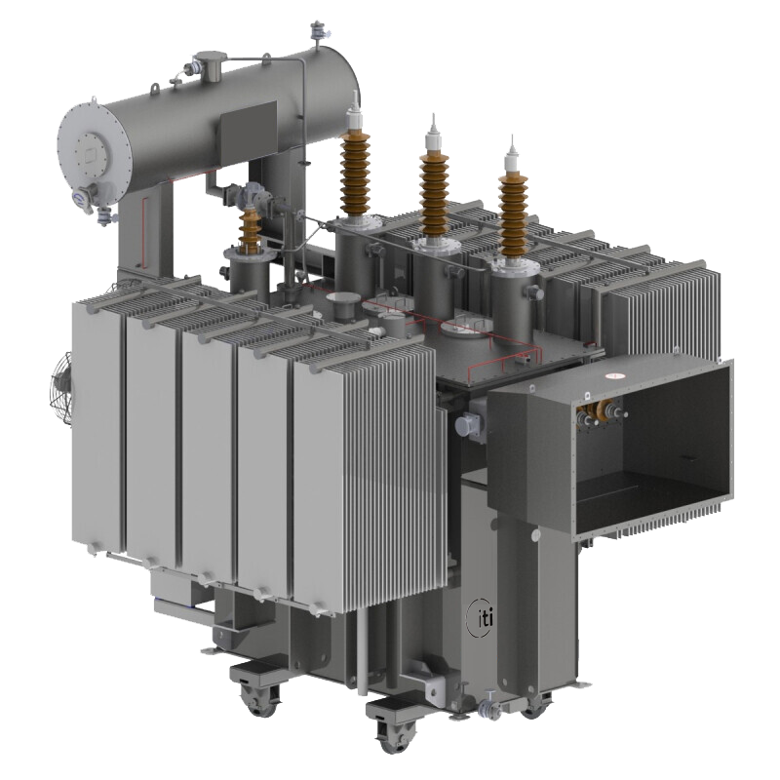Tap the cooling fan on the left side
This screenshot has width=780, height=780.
tap(62, 389)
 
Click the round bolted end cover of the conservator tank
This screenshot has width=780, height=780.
tap(93, 149)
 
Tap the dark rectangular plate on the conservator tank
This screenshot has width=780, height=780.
tap(248, 131)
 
